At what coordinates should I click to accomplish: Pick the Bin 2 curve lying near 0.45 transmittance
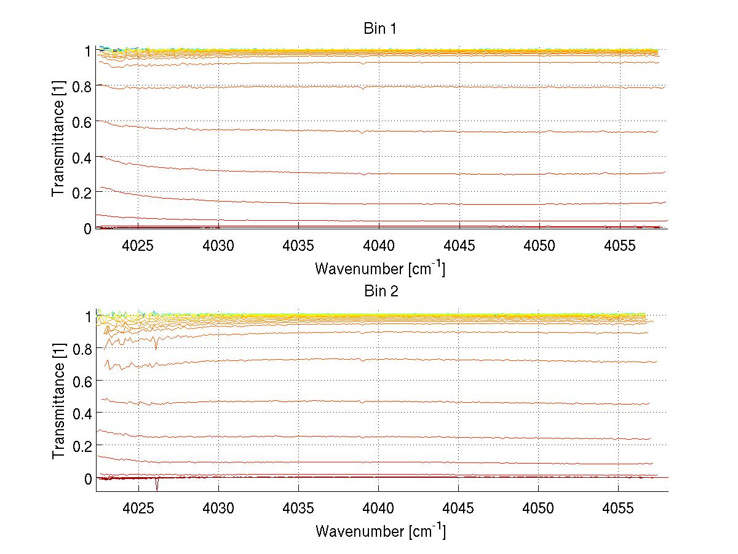click(x=369, y=402)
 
